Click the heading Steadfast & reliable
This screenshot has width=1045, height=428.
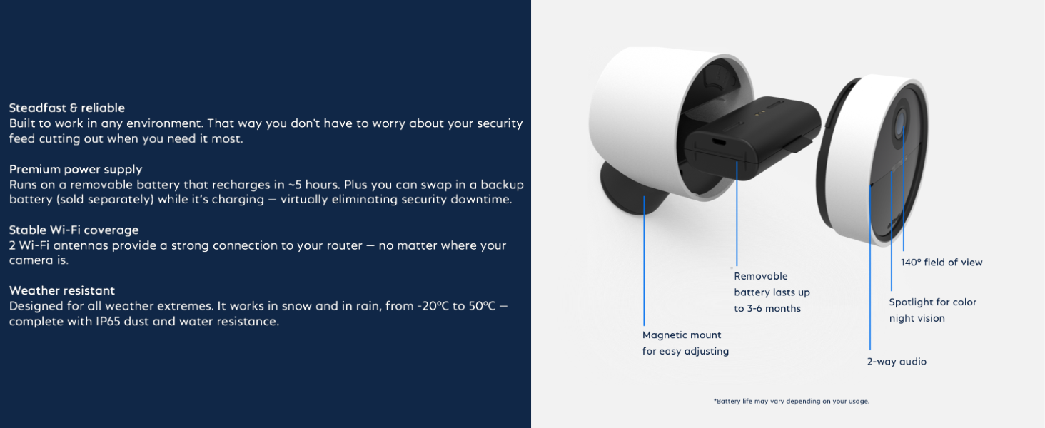click(x=67, y=108)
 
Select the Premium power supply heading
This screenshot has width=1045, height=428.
click(x=76, y=169)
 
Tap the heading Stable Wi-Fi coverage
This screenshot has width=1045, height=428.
click(x=74, y=230)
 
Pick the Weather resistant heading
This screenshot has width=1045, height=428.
click(x=62, y=290)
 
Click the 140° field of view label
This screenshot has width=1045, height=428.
click(x=941, y=263)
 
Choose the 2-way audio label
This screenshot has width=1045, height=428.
click(x=897, y=362)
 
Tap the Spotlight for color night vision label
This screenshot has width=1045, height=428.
click(x=932, y=310)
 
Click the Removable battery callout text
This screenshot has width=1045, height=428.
click(x=772, y=292)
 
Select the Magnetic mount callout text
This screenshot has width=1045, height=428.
click(x=685, y=342)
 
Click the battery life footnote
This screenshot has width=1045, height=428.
click(x=792, y=401)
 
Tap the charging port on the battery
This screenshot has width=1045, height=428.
click(x=719, y=142)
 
